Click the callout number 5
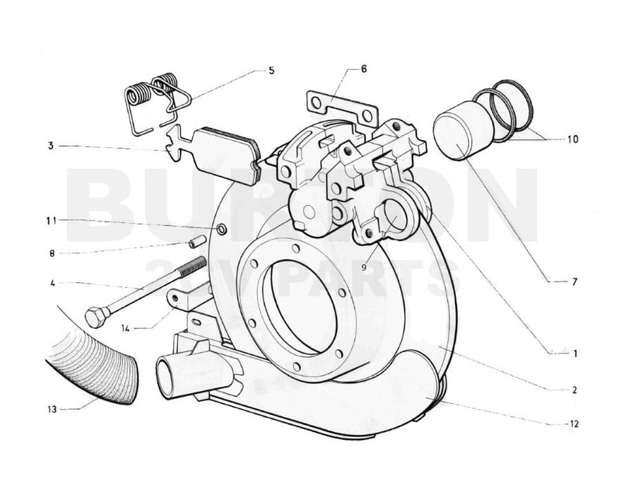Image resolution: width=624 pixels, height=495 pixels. click(x=271, y=71)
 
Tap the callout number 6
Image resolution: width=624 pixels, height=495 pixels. click(x=364, y=69)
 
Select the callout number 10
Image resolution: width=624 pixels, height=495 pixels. click(x=572, y=139)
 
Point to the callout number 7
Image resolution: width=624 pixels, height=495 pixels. click(x=574, y=282)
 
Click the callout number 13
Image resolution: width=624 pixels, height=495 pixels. click(x=52, y=409)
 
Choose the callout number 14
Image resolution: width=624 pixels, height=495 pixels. click(x=125, y=329)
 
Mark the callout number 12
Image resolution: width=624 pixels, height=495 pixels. click(x=574, y=424)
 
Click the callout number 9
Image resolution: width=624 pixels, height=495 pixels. click(x=364, y=267)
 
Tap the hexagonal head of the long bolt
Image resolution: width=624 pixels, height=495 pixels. click(x=96, y=316)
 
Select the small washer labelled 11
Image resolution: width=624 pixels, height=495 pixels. click(x=222, y=229)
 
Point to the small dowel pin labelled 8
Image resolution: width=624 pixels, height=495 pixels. click(x=196, y=241)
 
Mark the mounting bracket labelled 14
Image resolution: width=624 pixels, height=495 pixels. click(x=187, y=298)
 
